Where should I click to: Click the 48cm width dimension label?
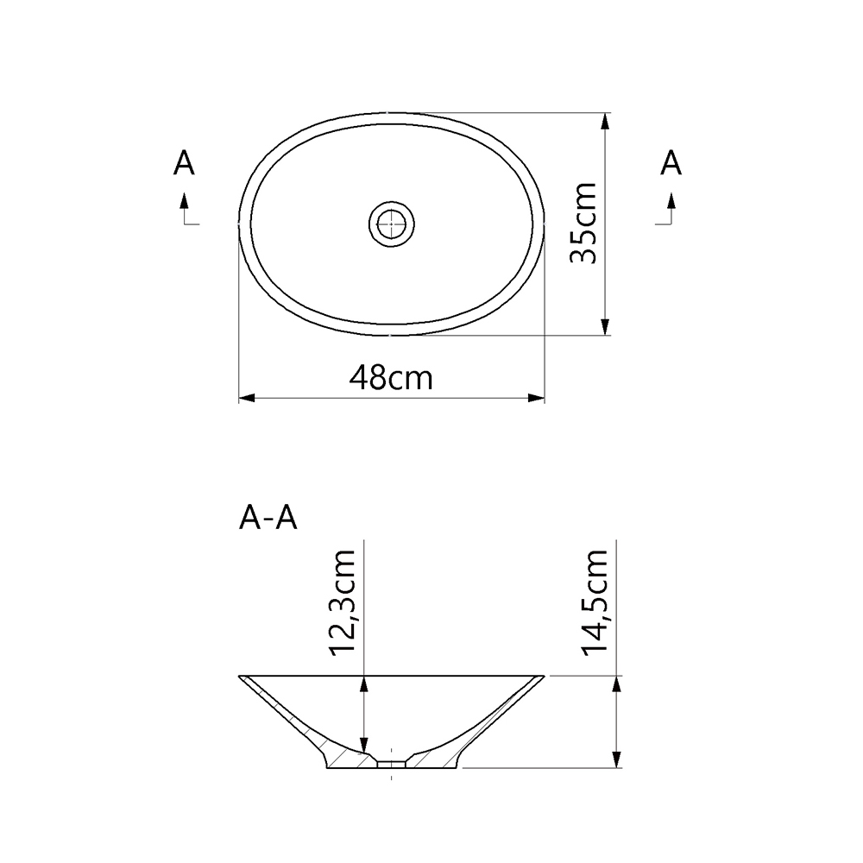tap(391, 377)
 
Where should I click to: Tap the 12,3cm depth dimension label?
tap(345, 602)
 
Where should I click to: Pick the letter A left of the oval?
tap(184, 162)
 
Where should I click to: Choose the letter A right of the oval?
tap(671, 162)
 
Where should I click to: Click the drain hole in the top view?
tap(392, 224)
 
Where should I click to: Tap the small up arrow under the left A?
tap(184, 201)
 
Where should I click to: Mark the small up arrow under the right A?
tap(671, 201)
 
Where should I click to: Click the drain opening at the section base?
tap(393, 763)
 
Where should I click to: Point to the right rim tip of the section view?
tap(542, 677)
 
